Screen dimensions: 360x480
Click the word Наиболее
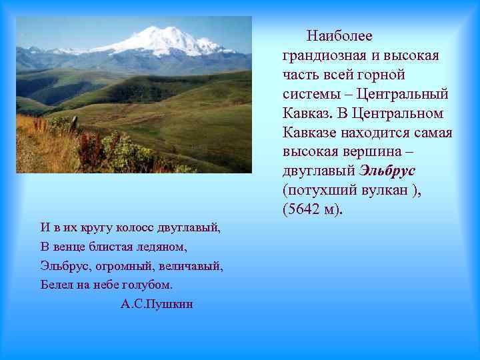pos(340,35)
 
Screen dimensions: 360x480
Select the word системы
pos(313,93)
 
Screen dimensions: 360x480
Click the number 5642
pos(306,209)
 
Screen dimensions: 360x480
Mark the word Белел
pos(55,285)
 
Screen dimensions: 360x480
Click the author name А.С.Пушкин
pos(157,305)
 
